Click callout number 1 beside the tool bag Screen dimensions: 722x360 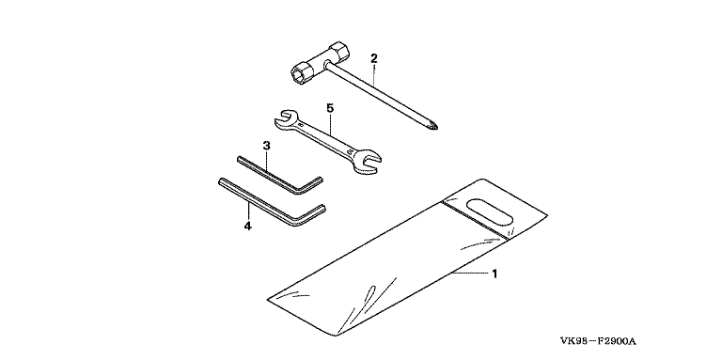coord(494,274)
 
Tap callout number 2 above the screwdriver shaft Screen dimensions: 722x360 coord(374,58)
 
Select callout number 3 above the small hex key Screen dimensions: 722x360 coord(266,146)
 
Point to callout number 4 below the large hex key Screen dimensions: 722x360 coord(248,226)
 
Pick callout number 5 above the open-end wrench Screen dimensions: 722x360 coord(330,108)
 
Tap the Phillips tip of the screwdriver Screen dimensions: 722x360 coord(433,125)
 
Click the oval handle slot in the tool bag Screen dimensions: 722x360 coord(489,211)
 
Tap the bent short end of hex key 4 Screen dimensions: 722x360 coord(311,215)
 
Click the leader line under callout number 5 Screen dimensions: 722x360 coord(330,123)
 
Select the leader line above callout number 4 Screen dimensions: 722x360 coord(248,211)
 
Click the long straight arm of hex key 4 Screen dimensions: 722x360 coord(257,201)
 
